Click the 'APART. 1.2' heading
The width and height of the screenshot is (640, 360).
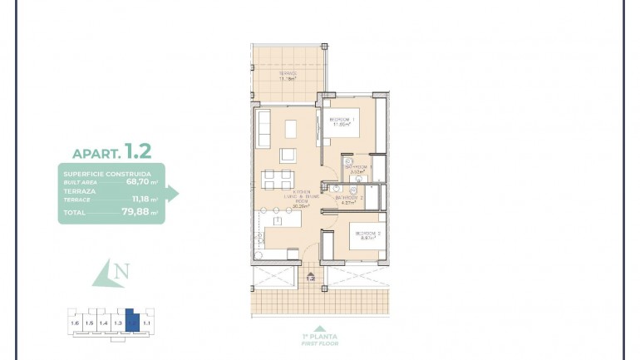(x=111, y=151)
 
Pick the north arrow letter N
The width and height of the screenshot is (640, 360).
(x=121, y=271)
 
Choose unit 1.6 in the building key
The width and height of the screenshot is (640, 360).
(x=75, y=322)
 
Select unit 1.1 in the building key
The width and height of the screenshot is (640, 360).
(x=146, y=322)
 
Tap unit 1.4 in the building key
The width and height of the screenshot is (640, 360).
(x=103, y=322)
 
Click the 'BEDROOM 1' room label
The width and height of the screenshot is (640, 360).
(x=342, y=121)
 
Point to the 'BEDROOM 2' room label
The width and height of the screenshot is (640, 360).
(x=367, y=234)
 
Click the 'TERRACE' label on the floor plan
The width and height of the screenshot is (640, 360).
(x=288, y=75)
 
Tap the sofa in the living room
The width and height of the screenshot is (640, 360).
(x=263, y=128)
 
